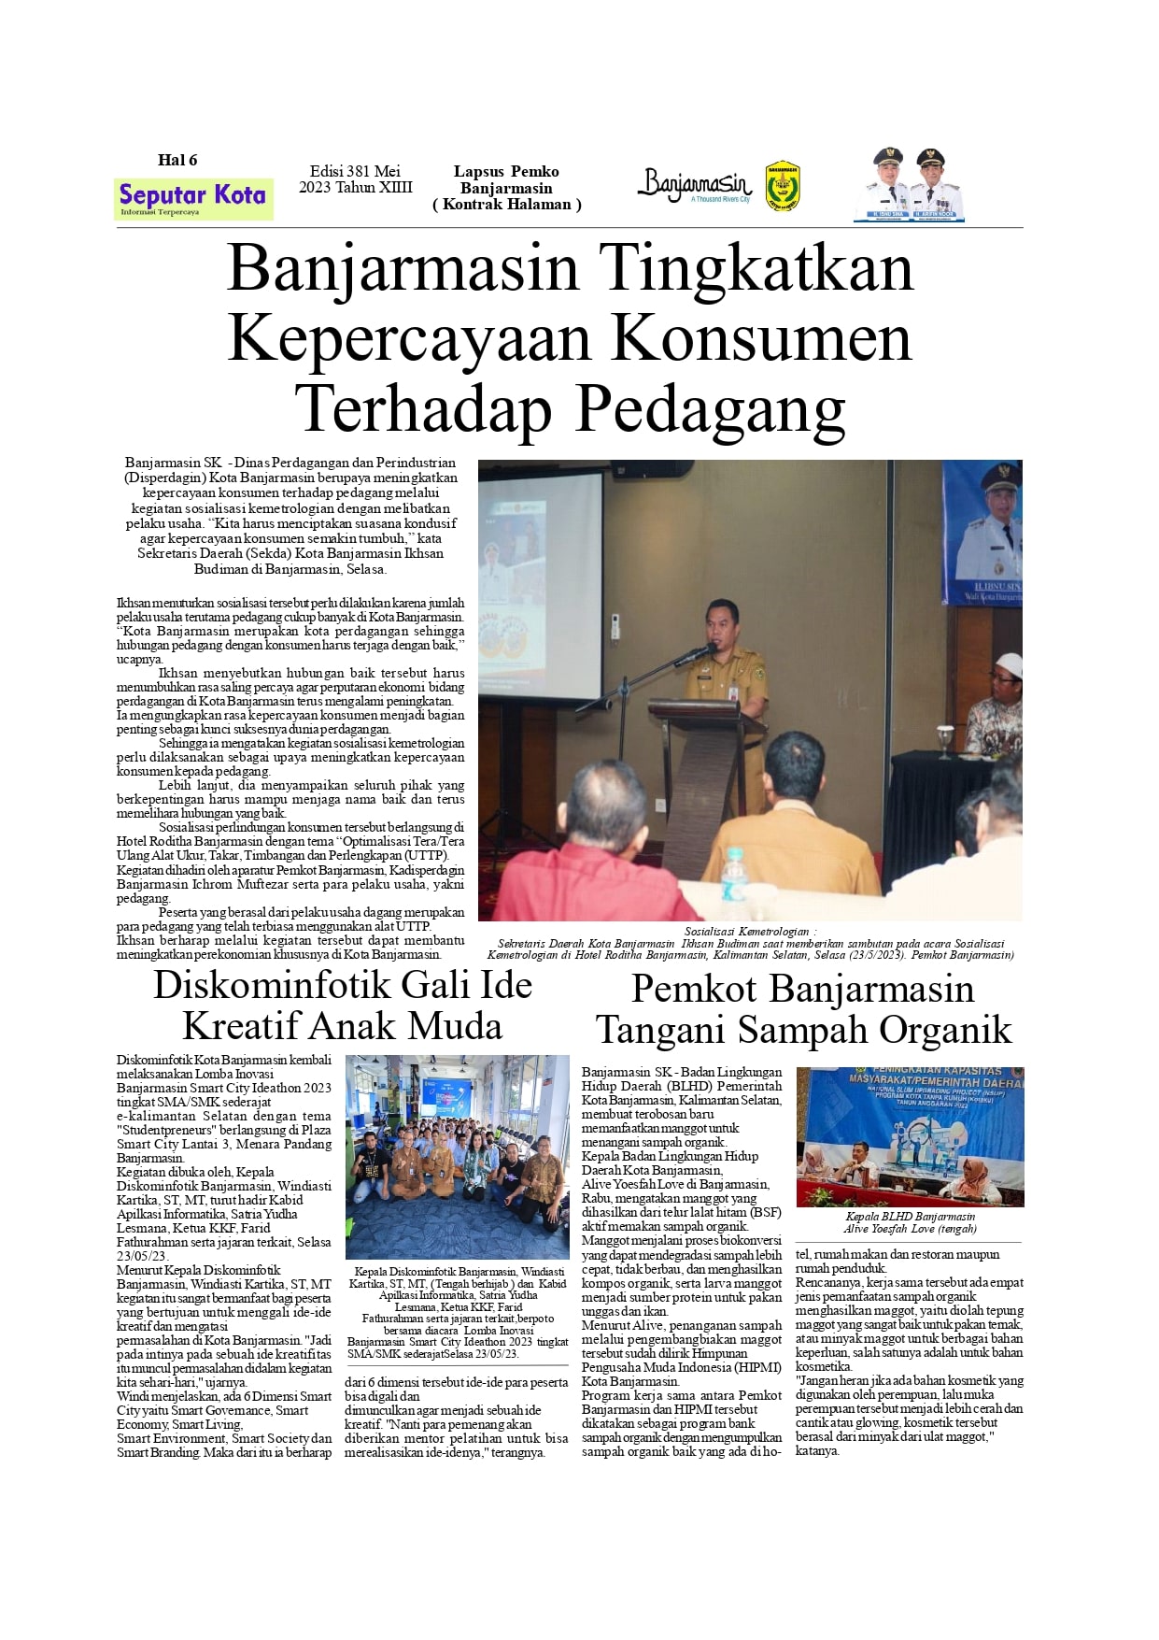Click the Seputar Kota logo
pyautogui.click(x=193, y=198)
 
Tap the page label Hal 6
pyautogui.click(x=177, y=160)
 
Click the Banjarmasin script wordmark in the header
pyautogui.click(x=695, y=184)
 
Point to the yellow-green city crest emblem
pyautogui.click(x=783, y=186)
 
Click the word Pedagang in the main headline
pyautogui.click(x=711, y=409)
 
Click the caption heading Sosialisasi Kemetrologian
pyautogui.click(x=750, y=931)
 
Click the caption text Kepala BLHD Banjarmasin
pyautogui.click(x=910, y=1217)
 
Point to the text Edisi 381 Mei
pyautogui.click(x=355, y=171)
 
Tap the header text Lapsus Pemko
pyautogui.click(x=506, y=171)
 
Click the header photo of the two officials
pyautogui.click(x=909, y=184)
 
